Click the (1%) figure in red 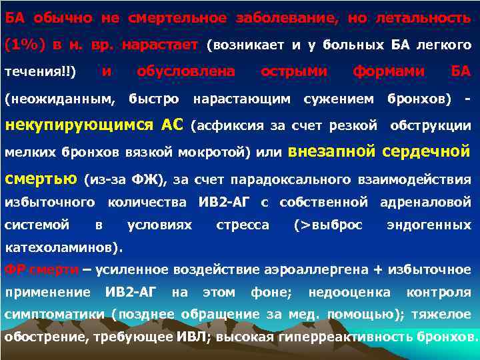click(x=25, y=45)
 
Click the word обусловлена click(x=186, y=71)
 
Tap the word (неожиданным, click(x=59, y=99)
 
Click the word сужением click(x=338, y=99)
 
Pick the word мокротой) click(x=222, y=152)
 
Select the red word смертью click(x=41, y=178)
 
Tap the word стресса click(x=243, y=225)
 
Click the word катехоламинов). click(x=64, y=248)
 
